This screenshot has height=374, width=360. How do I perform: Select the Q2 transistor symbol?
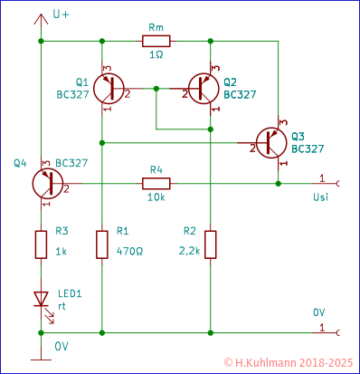tap(202, 88)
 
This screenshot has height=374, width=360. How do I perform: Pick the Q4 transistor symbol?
tap(45, 183)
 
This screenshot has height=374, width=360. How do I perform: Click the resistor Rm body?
tap(156, 41)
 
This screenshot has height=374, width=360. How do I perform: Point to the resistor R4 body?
tap(156, 183)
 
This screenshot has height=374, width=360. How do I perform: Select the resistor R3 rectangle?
tap(41, 244)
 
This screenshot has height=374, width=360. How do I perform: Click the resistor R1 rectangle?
tap(101, 244)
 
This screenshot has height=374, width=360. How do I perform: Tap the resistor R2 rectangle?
tap(210, 244)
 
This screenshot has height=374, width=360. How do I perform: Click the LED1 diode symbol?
tap(41, 298)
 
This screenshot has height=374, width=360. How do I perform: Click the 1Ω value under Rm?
tap(156, 55)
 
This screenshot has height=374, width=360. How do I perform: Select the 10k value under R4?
tap(156, 197)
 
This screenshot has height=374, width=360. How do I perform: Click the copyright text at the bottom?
tap(288, 361)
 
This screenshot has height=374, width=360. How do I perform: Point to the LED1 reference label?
tap(71, 294)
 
